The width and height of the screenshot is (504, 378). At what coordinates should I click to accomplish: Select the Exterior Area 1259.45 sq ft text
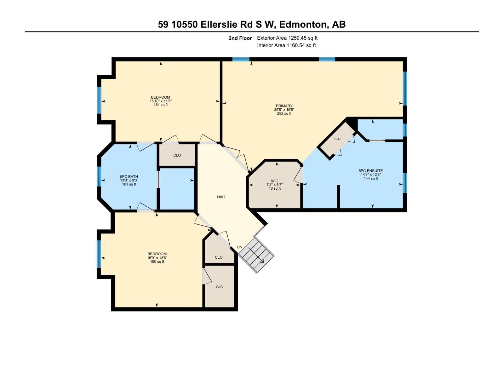click(x=287, y=38)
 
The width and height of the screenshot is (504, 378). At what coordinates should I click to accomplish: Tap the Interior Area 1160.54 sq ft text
click(x=286, y=45)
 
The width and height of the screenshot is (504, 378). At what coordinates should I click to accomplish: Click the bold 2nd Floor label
click(x=240, y=38)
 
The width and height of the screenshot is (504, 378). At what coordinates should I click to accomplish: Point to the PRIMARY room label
click(x=284, y=106)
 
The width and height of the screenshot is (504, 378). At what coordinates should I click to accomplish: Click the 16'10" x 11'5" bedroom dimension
click(x=161, y=101)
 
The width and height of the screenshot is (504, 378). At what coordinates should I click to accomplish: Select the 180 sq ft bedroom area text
click(x=157, y=261)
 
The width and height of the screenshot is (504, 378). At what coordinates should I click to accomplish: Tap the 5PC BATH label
click(x=129, y=177)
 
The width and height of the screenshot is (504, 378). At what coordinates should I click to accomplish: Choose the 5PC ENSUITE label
click(x=371, y=171)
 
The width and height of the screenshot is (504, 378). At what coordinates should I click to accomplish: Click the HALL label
click(x=221, y=197)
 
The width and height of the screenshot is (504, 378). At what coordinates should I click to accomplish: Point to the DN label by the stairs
click(x=240, y=247)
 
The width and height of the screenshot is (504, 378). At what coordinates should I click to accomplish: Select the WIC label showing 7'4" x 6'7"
click(x=274, y=181)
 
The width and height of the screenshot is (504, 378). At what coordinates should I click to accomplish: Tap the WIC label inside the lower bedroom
click(x=219, y=287)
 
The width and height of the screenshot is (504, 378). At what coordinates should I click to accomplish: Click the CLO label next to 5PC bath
click(x=177, y=155)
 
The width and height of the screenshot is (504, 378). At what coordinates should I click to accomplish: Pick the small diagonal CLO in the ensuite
click(x=337, y=139)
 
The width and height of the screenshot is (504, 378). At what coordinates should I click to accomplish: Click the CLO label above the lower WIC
click(x=219, y=257)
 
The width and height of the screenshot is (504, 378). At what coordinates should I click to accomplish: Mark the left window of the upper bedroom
click(x=99, y=100)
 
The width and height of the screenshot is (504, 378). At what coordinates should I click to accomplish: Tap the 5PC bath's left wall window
click(x=99, y=176)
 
